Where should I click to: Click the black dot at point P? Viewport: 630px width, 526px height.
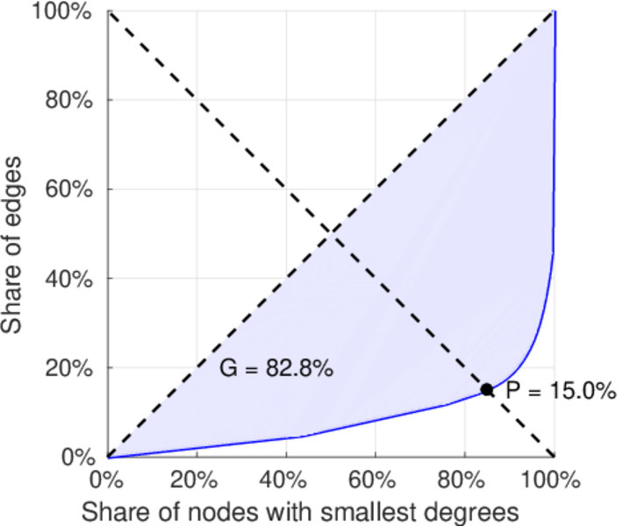click(x=486, y=389)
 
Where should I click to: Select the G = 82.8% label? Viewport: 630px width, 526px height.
click(x=276, y=370)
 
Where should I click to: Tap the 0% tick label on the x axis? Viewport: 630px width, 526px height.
click(x=108, y=480)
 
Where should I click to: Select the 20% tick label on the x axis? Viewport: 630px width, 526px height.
click(x=197, y=480)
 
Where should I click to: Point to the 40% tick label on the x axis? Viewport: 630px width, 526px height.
click(x=286, y=480)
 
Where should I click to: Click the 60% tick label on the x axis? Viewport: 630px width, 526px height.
click(x=376, y=480)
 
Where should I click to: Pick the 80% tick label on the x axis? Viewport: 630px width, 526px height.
click(x=465, y=480)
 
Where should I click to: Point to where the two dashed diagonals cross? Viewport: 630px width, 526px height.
click(x=331, y=233)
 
